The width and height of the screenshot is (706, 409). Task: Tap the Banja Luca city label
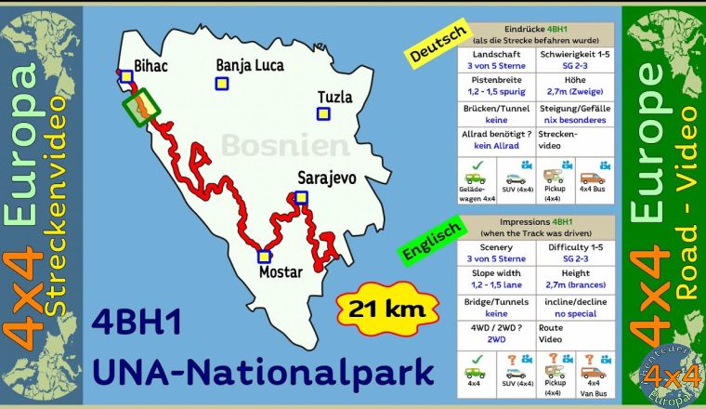click(x=249, y=65)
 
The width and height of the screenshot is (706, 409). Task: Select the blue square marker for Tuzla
click(x=322, y=114)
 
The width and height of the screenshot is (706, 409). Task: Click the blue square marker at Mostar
click(x=264, y=257)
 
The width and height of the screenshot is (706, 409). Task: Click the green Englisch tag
click(x=428, y=239)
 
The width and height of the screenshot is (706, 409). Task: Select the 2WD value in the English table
click(x=496, y=341)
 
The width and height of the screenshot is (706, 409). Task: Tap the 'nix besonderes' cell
click(x=574, y=120)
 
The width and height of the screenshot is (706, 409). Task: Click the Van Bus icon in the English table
click(x=594, y=374)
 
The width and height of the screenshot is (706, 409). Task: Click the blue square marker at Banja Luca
click(x=222, y=84)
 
